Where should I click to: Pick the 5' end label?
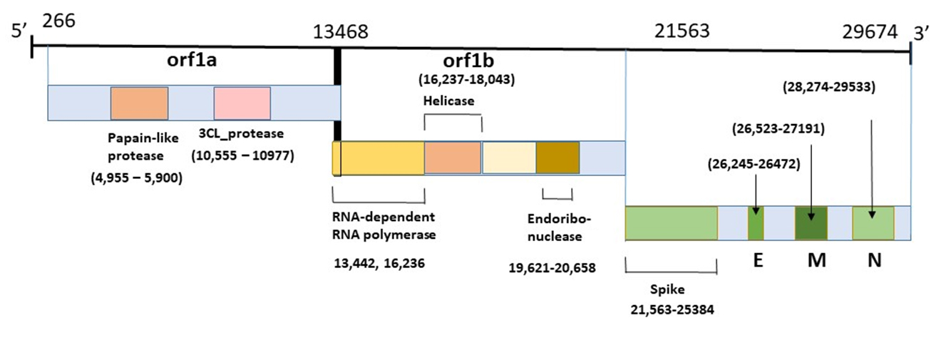coord(18,31)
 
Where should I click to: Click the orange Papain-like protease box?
coord(139,103)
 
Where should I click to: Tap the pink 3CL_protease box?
coord(242,103)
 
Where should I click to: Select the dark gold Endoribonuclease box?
coord(557,158)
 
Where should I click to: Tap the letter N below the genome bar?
coord(874,260)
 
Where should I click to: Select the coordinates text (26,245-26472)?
coord(755,163)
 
